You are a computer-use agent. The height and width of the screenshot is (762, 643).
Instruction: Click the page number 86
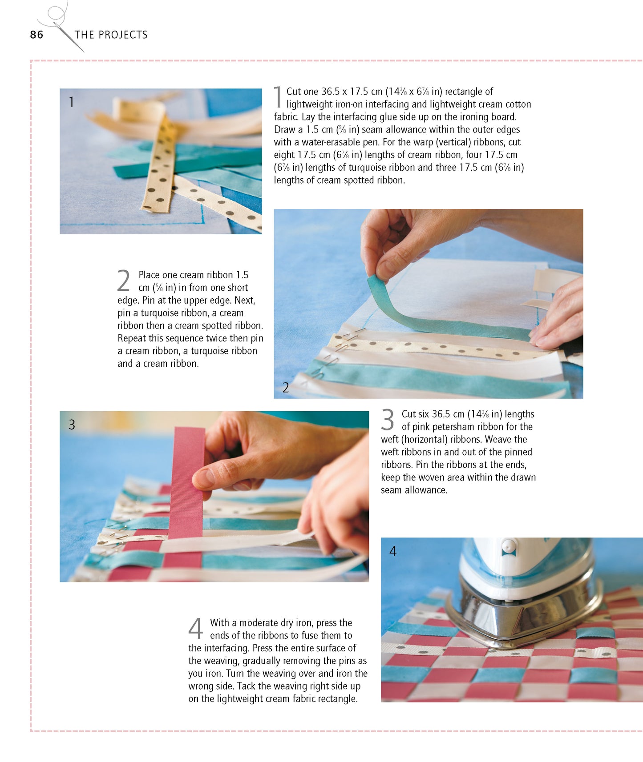click(36, 35)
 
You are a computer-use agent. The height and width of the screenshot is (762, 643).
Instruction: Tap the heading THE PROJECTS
click(111, 35)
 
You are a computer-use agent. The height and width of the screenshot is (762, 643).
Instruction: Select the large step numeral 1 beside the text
click(278, 97)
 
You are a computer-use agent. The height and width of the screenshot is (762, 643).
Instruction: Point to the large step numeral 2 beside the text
click(124, 281)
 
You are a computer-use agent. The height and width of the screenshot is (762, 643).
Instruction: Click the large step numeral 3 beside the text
click(387, 420)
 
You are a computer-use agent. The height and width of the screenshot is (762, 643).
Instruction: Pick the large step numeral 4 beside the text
click(195, 628)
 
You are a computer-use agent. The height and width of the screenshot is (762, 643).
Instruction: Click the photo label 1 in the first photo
click(71, 102)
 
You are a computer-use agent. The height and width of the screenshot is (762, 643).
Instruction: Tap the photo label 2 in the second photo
click(286, 388)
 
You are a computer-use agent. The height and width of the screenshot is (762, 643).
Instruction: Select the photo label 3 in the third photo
click(72, 425)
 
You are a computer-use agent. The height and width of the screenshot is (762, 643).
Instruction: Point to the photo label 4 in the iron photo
click(393, 551)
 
